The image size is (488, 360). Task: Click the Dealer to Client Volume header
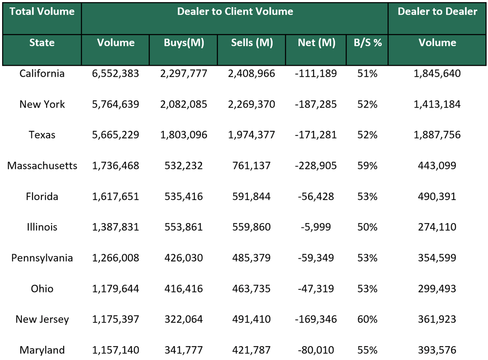pyautogui.click(x=235, y=12)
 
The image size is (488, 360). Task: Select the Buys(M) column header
pyautogui.click(x=184, y=43)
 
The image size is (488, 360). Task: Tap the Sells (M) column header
pyautogui.click(x=251, y=43)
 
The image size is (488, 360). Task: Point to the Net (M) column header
pyautogui.click(x=316, y=43)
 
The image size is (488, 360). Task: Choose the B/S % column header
pyautogui.click(x=367, y=43)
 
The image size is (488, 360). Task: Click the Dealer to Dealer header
pyautogui.click(x=437, y=12)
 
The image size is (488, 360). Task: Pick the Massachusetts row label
pyautogui.click(x=42, y=166)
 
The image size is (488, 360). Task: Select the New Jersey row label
pyautogui.click(x=42, y=319)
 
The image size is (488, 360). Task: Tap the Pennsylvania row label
pyautogui.click(x=42, y=258)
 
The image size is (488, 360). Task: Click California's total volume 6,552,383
pyautogui.click(x=115, y=74)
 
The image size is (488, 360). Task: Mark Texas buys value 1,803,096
pyautogui.click(x=184, y=135)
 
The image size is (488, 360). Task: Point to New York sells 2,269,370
pyautogui.click(x=251, y=105)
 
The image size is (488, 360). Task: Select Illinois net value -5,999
pyautogui.click(x=316, y=227)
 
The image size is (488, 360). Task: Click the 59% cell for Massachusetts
pyautogui.click(x=367, y=166)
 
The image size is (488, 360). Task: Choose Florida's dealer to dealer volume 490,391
pyautogui.click(x=437, y=197)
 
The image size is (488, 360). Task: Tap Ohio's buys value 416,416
pyautogui.click(x=184, y=289)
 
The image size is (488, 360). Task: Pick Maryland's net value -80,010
pyautogui.click(x=316, y=350)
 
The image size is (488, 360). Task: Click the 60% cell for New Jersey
pyautogui.click(x=367, y=319)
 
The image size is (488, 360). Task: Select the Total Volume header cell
pyautogui.click(x=42, y=12)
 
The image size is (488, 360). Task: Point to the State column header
pyautogui.click(x=42, y=43)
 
